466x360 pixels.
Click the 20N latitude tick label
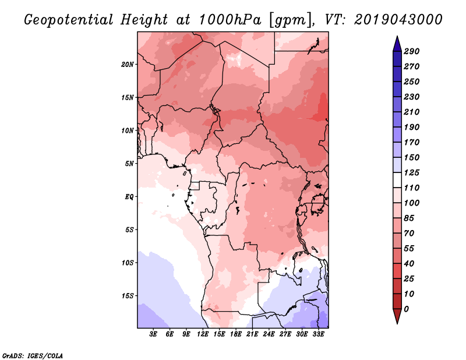pos(128,64)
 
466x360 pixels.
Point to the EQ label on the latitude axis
pos(129,196)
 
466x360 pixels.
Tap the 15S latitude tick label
pos(128,295)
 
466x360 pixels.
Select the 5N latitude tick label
pos(129,163)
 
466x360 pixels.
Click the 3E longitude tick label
pos(154,334)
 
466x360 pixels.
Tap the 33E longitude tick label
pos(319,334)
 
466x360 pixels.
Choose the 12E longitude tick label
pos(203,334)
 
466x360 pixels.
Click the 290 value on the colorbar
pos(412,51)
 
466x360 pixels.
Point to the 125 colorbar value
pos(412,172)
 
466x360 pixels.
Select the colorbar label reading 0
pos(407,309)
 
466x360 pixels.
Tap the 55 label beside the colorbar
pos(409,248)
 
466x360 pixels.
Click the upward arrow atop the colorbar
pos(396,43)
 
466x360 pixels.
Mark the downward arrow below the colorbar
pos(396,317)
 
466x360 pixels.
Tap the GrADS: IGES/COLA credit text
pos(32,355)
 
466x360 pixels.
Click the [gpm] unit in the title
pos(290,19)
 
